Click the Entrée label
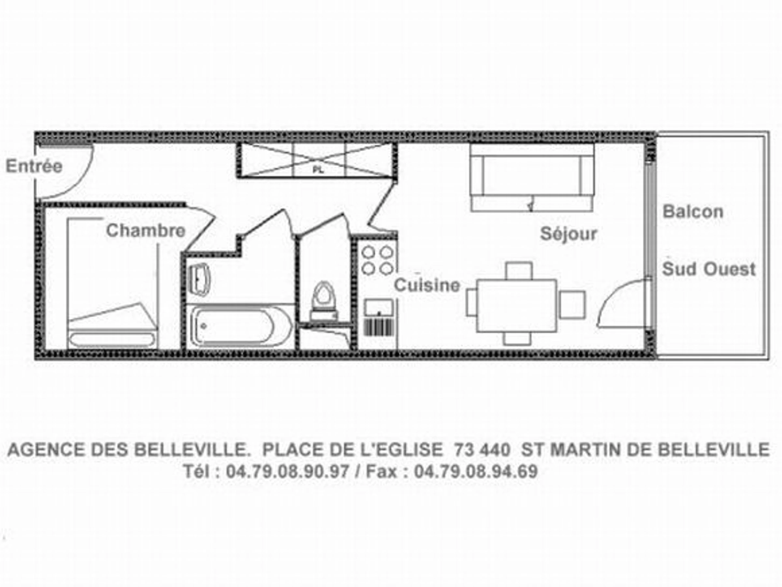pos(34,166)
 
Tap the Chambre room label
pos(146,231)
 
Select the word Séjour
pos(569,234)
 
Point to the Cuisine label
pos(427,285)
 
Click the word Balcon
pos(693,212)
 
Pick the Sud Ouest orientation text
pos(708,269)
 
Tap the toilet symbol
pos(324,301)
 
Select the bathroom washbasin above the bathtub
pos(199,279)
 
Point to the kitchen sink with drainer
pos(379,317)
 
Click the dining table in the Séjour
pos(517,306)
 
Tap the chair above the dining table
pos(519,271)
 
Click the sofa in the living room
pos(532,177)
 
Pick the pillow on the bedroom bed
pos(112,339)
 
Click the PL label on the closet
pos(318,170)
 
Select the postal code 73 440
pos(482,450)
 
